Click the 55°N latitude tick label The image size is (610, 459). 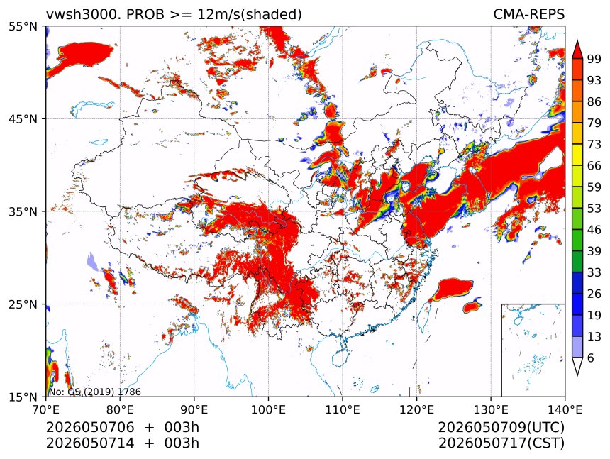pyautogui.click(x=23, y=26)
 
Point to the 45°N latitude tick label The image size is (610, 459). pyautogui.click(x=23, y=118)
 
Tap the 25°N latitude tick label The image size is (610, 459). pyautogui.click(x=23, y=304)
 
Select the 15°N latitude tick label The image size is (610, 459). pyautogui.click(x=23, y=397)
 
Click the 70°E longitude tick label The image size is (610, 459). pyautogui.click(x=46, y=409)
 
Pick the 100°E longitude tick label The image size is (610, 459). pyautogui.click(x=268, y=409)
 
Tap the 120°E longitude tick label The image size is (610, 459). pyautogui.click(x=416, y=409)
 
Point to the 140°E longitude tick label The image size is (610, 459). pyautogui.click(x=565, y=409)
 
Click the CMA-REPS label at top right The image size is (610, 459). pyautogui.click(x=528, y=14)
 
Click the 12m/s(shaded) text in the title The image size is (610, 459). pyautogui.click(x=250, y=15)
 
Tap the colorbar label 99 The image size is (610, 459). pyautogui.click(x=594, y=59)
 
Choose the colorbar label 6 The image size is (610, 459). pyautogui.click(x=591, y=358)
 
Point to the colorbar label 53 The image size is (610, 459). pyautogui.click(x=594, y=209)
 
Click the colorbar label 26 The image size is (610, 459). pyautogui.click(x=594, y=294)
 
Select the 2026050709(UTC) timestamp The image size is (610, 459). pyautogui.click(x=501, y=428)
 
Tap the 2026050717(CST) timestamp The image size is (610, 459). pyautogui.click(x=501, y=443)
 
